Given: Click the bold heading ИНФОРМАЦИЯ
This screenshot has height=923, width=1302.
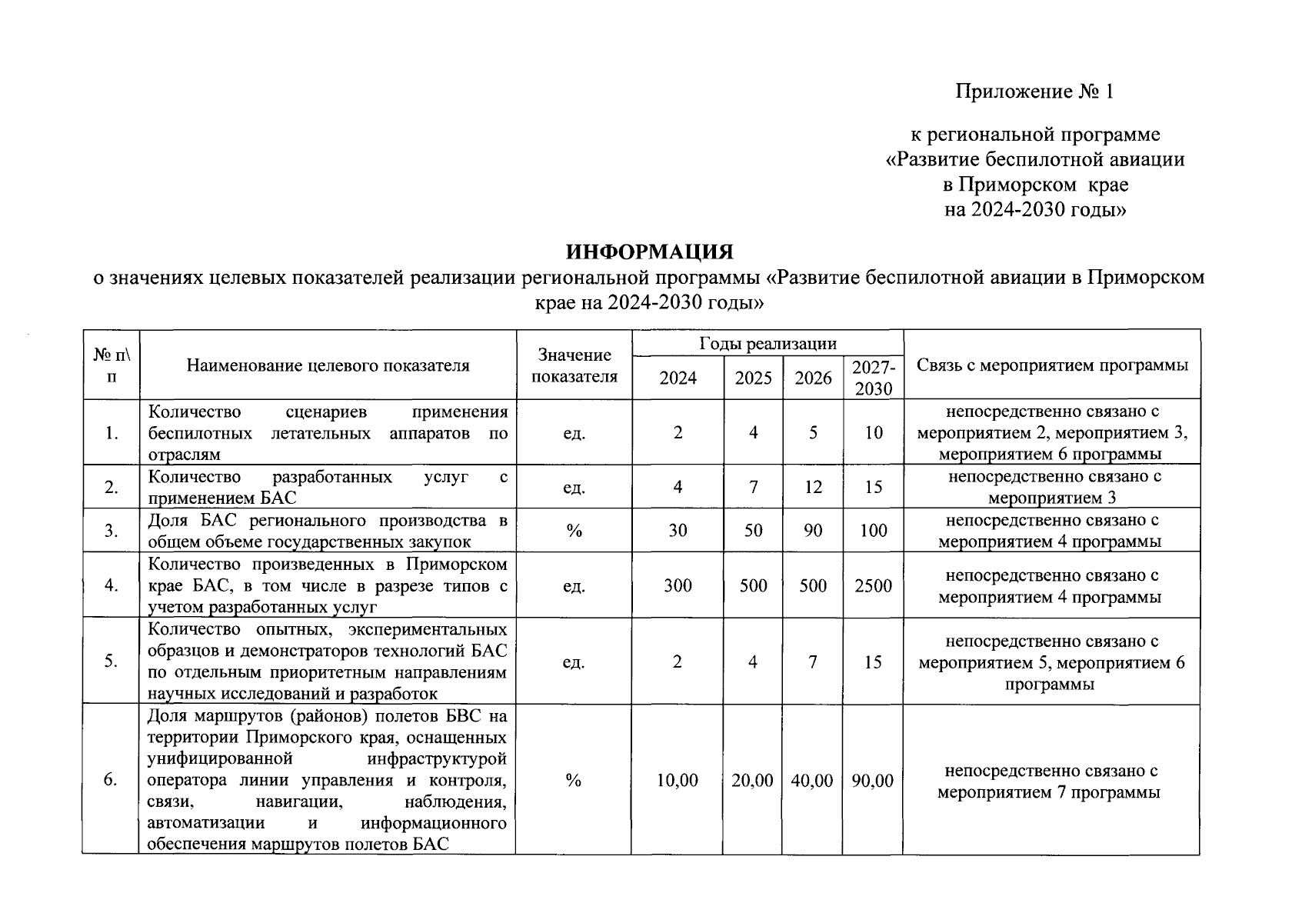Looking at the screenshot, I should tap(650, 252).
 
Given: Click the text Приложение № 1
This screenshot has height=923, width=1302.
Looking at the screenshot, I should tap(1034, 92).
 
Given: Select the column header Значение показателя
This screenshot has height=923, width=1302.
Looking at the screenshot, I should tap(574, 365).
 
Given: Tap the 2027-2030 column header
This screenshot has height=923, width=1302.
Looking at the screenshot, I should tap(873, 378).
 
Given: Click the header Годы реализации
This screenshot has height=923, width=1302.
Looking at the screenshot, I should tap(768, 344).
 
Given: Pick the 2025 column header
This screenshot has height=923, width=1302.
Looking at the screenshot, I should tap(753, 378).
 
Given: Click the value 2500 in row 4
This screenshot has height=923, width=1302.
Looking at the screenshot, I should tap(873, 586).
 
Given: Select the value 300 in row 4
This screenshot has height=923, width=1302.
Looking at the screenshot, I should tap(678, 586).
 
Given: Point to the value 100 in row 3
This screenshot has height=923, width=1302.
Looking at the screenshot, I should tap(873, 531).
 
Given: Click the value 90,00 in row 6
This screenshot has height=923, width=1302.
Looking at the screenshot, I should tap(873, 781).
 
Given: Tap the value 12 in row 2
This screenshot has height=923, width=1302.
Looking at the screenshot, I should tap(813, 487).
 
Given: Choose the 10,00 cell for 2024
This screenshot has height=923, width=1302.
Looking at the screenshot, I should tap(678, 781).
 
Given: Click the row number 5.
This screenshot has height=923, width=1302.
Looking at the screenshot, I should tap(112, 661).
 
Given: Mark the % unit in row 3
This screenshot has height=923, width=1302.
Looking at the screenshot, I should tap(574, 531).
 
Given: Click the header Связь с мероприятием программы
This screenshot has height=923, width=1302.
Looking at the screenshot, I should tap(1051, 365).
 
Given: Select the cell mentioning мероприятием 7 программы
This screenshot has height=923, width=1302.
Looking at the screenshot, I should tap(1050, 781).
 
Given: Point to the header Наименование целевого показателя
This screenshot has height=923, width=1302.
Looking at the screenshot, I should tap(328, 365).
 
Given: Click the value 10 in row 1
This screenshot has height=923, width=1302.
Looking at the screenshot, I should tap(873, 432).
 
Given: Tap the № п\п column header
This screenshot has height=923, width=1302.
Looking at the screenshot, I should tap(112, 365).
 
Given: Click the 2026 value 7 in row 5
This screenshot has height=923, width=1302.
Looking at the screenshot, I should tap(813, 661).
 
